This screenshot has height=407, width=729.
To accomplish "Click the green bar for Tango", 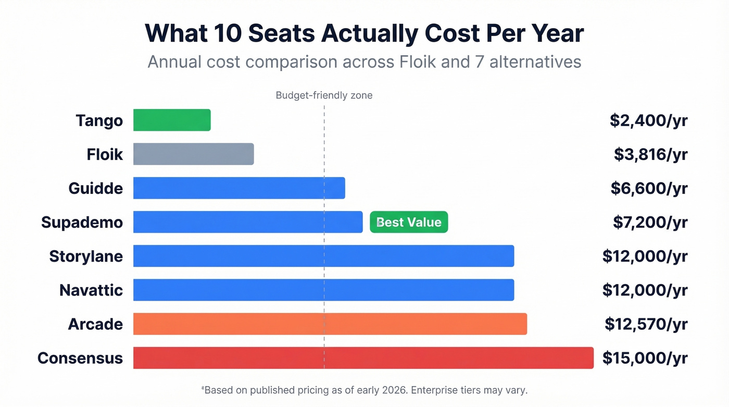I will pos(172,120).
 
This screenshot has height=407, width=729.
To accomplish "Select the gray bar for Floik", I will pos(193,154).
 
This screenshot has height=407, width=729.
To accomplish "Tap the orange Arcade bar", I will pos(330,324).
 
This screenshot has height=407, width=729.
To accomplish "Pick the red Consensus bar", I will pos(363,358).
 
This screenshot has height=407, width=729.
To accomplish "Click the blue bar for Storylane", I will pos(323,256).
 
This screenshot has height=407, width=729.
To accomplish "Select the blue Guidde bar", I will pos(239,188).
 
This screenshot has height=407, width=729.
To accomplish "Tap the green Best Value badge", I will pos(409,222).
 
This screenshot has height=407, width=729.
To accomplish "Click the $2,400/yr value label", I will pos(648,120).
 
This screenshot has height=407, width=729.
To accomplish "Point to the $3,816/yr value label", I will pos(650,154).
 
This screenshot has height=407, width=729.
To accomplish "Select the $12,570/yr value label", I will pos(646,324).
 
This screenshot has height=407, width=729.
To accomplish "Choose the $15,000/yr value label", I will pos(645,358).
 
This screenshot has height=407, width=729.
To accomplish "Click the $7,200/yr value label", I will pos(650,223).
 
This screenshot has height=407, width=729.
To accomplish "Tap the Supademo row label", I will pos(82,223).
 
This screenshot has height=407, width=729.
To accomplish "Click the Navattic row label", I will pos(91,290).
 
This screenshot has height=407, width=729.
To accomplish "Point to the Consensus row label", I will pos(80,358).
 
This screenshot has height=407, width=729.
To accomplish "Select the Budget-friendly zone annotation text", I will pos(324,95).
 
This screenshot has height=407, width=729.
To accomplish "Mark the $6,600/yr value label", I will pos(649,188).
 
